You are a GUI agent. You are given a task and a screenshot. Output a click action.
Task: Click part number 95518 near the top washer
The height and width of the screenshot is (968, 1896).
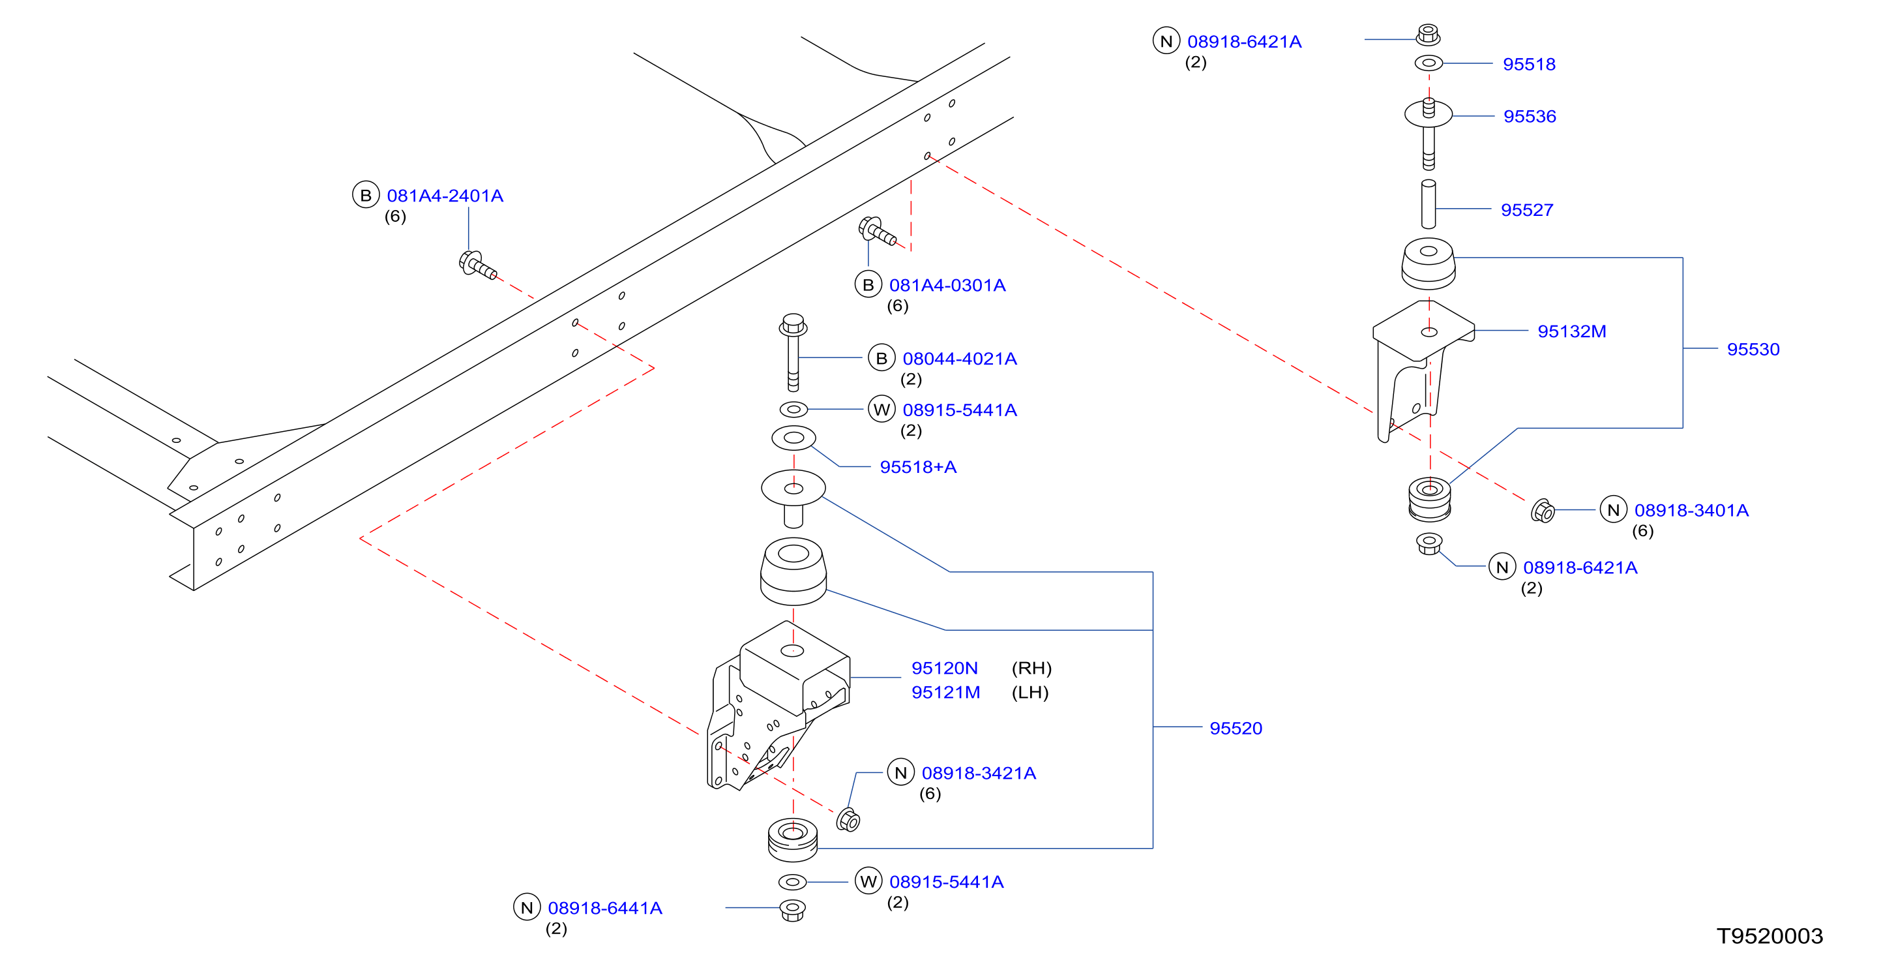point(1529,64)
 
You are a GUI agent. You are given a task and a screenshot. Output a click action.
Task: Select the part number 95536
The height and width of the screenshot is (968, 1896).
point(1530,116)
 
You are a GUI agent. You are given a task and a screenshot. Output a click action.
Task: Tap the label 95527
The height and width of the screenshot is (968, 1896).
point(1526,210)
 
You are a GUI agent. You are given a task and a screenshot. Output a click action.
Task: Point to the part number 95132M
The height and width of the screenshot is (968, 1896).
point(1571,331)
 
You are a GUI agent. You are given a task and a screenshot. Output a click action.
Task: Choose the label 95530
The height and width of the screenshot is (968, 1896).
point(1753,349)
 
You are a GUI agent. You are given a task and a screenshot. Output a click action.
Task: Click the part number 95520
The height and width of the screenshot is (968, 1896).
point(1236,728)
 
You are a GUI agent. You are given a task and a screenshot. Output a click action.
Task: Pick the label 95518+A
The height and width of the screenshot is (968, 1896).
point(918,466)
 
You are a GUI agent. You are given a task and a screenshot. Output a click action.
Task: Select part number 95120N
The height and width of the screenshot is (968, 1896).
point(944,668)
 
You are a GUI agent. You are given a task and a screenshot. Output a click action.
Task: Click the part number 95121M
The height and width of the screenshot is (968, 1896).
point(946,692)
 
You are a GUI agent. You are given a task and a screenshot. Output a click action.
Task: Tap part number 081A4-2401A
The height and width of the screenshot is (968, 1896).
point(445,196)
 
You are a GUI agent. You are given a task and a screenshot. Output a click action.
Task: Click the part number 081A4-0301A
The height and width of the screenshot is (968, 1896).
point(947,285)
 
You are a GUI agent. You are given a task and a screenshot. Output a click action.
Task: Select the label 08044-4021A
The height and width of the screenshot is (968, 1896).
point(960,359)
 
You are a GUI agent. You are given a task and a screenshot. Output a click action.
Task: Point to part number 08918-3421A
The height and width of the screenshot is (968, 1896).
point(979,773)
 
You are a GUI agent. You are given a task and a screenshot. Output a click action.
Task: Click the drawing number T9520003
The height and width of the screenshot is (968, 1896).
point(1770,935)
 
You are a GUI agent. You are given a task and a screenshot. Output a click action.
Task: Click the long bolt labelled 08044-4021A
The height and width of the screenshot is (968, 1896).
point(793,353)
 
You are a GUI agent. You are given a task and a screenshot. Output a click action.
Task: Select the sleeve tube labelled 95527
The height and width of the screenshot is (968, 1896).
point(1428,204)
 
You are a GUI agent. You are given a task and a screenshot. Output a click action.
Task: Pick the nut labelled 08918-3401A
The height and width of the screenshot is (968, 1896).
point(1542,510)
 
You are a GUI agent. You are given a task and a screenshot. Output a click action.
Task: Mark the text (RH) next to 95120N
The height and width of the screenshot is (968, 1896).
point(1031,668)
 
